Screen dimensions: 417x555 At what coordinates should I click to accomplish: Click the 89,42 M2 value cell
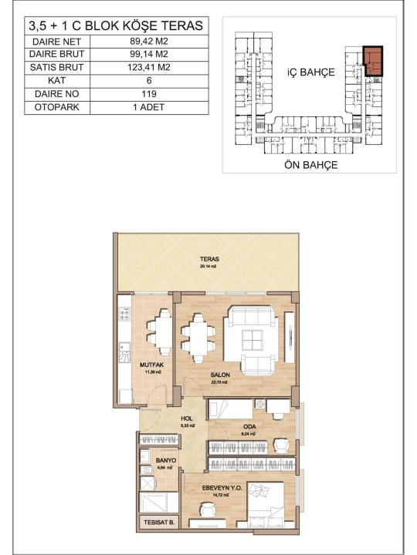(x=149, y=41)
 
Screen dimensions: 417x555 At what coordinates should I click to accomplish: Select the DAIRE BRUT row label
(x=56, y=54)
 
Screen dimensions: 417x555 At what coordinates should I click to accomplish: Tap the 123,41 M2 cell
(x=149, y=67)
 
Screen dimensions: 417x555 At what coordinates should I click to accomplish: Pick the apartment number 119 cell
(x=149, y=94)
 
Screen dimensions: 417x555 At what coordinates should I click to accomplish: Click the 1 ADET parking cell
(x=149, y=107)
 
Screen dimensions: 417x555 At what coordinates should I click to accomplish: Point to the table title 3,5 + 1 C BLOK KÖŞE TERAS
(x=116, y=26)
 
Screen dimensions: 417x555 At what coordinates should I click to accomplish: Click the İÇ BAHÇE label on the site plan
(x=310, y=72)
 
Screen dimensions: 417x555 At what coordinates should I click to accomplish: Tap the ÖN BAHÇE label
(x=310, y=165)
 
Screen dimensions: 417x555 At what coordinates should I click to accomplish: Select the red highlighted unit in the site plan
(x=374, y=61)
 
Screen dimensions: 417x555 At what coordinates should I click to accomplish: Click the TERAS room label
(x=209, y=259)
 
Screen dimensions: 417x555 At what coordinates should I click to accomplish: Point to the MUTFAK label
(x=152, y=365)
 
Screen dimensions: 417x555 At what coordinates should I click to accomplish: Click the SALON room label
(x=220, y=375)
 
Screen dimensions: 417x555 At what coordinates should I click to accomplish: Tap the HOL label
(x=187, y=419)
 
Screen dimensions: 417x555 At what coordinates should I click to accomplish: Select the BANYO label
(x=166, y=460)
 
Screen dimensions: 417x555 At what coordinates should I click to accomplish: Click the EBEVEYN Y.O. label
(x=222, y=488)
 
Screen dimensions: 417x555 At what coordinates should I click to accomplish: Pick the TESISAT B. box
(x=159, y=523)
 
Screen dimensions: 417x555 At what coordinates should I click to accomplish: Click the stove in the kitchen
(x=124, y=314)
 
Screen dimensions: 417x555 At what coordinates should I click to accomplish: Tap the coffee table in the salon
(x=252, y=340)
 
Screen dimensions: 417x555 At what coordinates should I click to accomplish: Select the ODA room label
(x=249, y=426)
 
